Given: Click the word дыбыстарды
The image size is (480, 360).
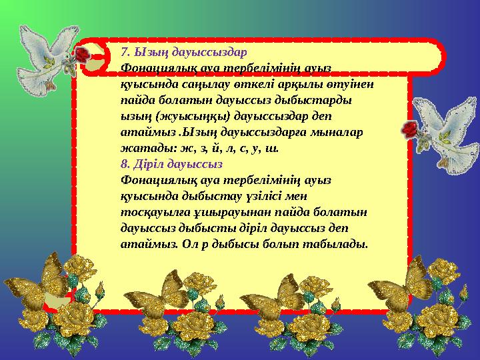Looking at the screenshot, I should (317, 100).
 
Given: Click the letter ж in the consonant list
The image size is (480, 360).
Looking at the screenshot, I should (175, 148).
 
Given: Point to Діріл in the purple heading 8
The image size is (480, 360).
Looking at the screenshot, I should (148, 164).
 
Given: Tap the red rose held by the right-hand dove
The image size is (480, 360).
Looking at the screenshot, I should (409, 130).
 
